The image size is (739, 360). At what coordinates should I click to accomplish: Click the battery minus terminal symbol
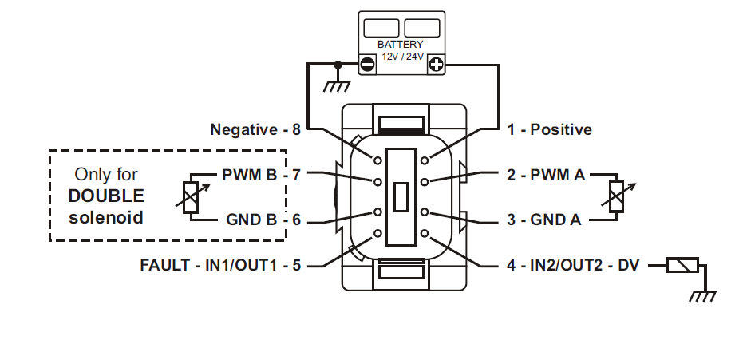[x=367, y=65]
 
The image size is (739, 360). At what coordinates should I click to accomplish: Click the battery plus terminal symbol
[x=437, y=65]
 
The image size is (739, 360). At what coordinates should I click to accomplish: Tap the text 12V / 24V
[x=401, y=57]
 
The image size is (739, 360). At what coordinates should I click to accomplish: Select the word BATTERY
[x=401, y=45]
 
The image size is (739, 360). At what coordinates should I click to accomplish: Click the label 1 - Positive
[x=550, y=129]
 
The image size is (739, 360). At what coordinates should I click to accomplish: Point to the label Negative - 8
[x=255, y=129]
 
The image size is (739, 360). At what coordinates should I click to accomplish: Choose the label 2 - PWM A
[x=546, y=173]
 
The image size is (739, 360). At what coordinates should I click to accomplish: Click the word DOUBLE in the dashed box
[x=106, y=196]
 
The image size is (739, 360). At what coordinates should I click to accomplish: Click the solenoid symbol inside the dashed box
[x=191, y=196]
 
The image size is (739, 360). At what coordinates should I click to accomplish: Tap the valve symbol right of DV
[x=682, y=265]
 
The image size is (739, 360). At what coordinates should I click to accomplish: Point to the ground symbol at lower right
[x=702, y=296]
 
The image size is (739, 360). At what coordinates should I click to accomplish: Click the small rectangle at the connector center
[x=401, y=196]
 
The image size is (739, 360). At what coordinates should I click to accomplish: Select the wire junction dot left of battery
[x=338, y=65]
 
